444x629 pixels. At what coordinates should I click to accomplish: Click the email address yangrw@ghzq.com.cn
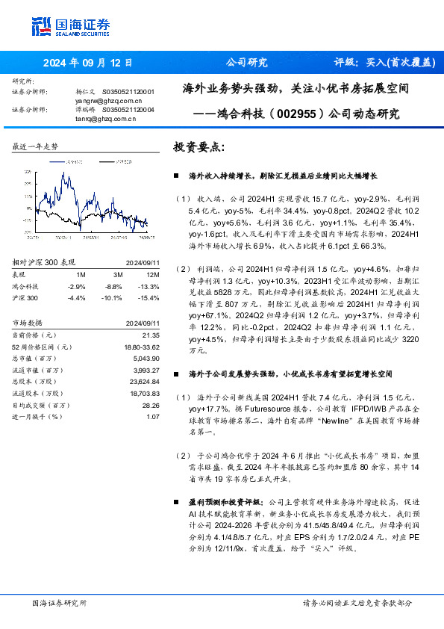tap(109, 99)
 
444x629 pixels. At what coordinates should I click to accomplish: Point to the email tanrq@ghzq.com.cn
tap(104, 117)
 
